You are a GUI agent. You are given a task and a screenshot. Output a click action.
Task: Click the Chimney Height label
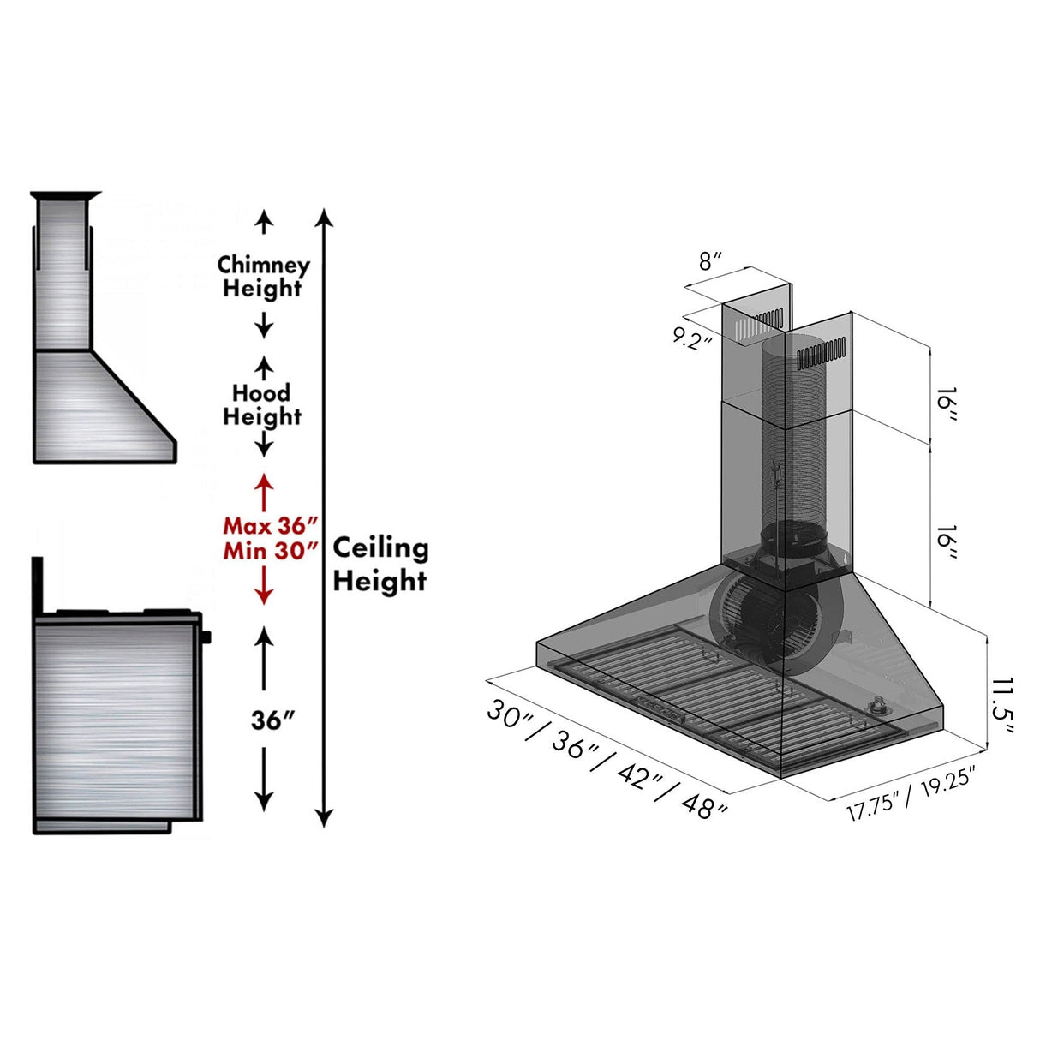tap(262, 277)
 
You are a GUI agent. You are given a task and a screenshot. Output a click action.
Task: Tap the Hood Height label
tap(262, 405)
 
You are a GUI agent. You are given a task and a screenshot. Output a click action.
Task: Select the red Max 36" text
tap(270, 525)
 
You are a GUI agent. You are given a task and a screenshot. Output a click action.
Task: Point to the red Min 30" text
tap(270, 550)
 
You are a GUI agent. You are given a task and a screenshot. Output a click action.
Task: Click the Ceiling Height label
tap(380, 564)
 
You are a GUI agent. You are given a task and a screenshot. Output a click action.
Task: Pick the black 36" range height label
tap(272, 720)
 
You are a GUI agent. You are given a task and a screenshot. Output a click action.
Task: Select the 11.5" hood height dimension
tap(1002, 706)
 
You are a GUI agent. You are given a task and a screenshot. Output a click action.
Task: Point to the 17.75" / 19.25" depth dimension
tap(911, 795)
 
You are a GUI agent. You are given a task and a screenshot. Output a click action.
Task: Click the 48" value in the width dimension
tap(704, 805)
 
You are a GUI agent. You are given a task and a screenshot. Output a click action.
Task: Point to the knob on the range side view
tap(206, 637)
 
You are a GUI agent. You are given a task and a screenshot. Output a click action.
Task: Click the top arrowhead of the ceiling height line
tap(324, 216)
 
